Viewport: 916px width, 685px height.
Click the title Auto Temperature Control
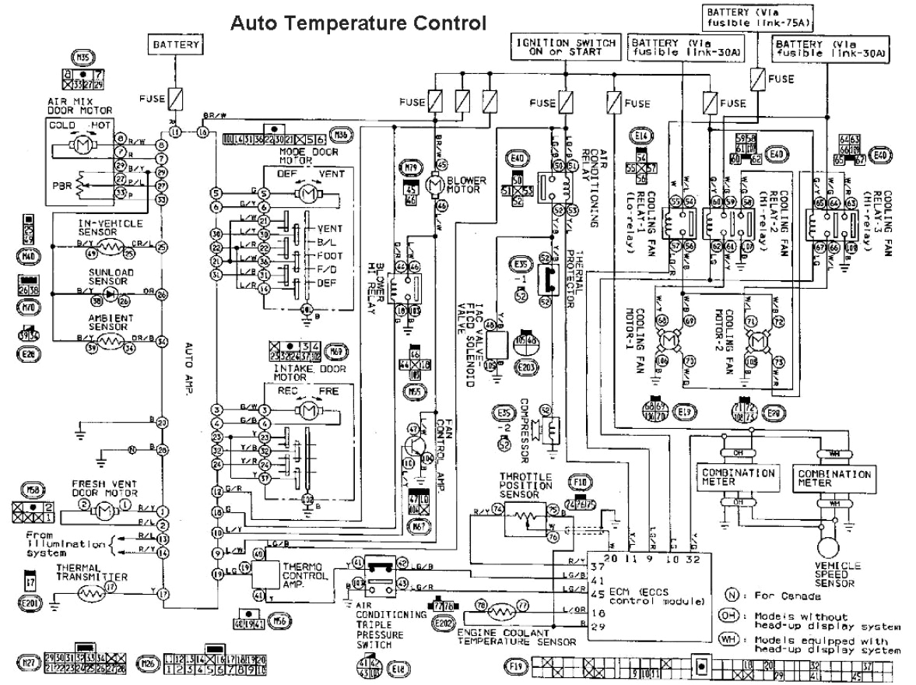pyautogui.click(x=358, y=23)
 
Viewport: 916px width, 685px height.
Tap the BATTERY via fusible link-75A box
pyautogui.click(x=746, y=18)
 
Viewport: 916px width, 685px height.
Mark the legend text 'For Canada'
pyautogui.click(x=789, y=596)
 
